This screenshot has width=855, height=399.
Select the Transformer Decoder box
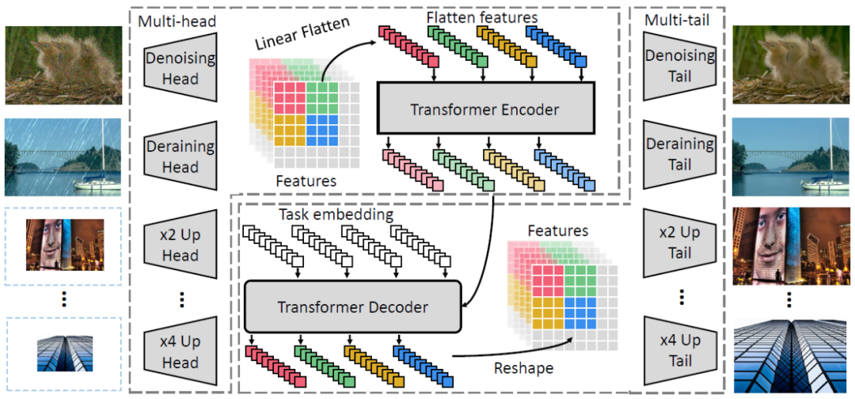353,306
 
